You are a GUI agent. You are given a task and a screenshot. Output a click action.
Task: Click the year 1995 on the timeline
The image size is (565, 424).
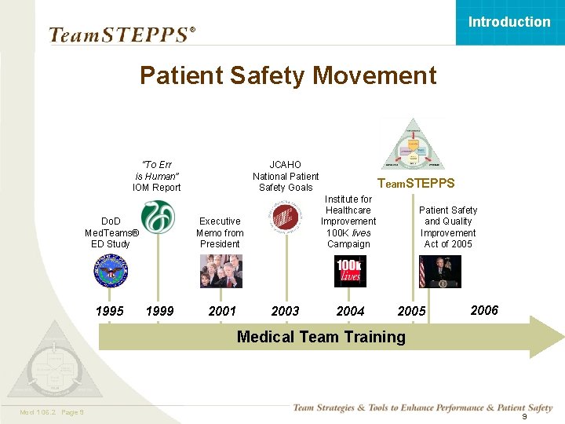[x=109, y=311]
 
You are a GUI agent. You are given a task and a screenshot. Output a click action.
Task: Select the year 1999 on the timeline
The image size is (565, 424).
[x=160, y=311]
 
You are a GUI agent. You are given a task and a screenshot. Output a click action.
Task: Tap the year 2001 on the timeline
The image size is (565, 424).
[x=222, y=311]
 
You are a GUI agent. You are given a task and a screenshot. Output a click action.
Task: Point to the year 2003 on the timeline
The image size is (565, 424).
[x=285, y=311]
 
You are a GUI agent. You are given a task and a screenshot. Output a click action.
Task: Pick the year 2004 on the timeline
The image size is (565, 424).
[x=350, y=311]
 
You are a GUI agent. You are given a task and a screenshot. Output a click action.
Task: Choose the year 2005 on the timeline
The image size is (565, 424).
[x=411, y=311]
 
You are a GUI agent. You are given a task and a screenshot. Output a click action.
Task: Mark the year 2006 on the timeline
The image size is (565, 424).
[x=484, y=310]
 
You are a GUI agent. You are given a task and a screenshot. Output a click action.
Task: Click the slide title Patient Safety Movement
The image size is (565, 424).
[x=287, y=75]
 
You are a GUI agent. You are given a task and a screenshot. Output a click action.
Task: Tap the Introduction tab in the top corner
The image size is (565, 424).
[x=509, y=22]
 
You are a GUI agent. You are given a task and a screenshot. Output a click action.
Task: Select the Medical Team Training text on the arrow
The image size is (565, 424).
[x=321, y=337]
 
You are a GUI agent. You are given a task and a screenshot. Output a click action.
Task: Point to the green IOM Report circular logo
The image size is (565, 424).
[x=158, y=217]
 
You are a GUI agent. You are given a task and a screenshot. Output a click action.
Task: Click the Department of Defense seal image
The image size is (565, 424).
[x=110, y=272]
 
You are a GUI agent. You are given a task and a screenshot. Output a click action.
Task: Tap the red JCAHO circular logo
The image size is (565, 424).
[x=284, y=216]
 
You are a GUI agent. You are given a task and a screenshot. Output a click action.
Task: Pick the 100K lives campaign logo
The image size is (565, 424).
[x=349, y=272]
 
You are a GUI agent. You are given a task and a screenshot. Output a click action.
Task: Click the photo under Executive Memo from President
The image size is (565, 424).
[x=221, y=272]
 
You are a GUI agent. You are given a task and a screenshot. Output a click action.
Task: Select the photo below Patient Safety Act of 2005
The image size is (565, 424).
[x=440, y=272]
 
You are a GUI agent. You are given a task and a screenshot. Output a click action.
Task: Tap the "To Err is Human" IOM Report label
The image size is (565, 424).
[x=157, y=176]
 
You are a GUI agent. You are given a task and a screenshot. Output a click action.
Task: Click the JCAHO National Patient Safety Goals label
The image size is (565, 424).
[x=286, y=176]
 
